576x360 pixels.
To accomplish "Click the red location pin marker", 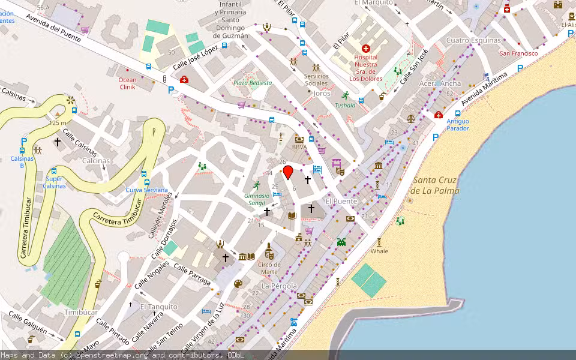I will pos(288,172).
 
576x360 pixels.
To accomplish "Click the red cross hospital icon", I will pos(366,48).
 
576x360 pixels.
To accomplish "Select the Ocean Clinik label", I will pos(127,83).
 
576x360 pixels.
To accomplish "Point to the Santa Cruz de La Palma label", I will pos(435,185).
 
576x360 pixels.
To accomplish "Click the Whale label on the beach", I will pos(379,251).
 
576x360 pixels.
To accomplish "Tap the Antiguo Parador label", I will pos(458,125).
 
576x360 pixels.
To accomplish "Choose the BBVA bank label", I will pos(299,147).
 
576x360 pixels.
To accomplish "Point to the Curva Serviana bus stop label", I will pos(146,190).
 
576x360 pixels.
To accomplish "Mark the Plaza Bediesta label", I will pos(253,83).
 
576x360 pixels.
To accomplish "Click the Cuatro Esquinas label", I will pos(473,40).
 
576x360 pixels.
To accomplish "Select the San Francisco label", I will pos(518,53).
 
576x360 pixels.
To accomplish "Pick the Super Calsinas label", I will pos(54,182).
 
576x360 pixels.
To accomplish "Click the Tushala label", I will pos(345,106).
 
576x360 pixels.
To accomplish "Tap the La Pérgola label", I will pos(279,286).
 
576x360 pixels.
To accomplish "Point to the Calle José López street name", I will pos(196,58).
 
